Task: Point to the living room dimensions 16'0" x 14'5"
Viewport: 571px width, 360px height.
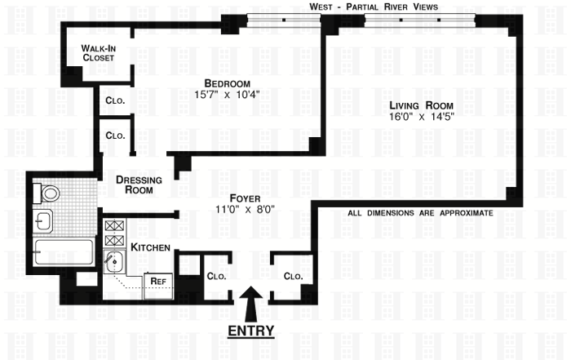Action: pyautogui.click(x=420, y=117)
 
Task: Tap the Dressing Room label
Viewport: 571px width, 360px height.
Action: pyautogui.click(x=139, y=184)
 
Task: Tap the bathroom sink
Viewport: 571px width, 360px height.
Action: pyautogui.click(x=44, y=220)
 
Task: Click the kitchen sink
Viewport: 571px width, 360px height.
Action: pyautogui.click(x=115, y=263)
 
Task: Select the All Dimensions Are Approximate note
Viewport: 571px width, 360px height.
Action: pyautogui.click(x=419, y=213)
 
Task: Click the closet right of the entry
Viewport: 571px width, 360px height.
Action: pyautogui.click(x=293, y=277)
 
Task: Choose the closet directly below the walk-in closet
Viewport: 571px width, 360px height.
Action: pyautogui.click(x=114, y=102)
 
